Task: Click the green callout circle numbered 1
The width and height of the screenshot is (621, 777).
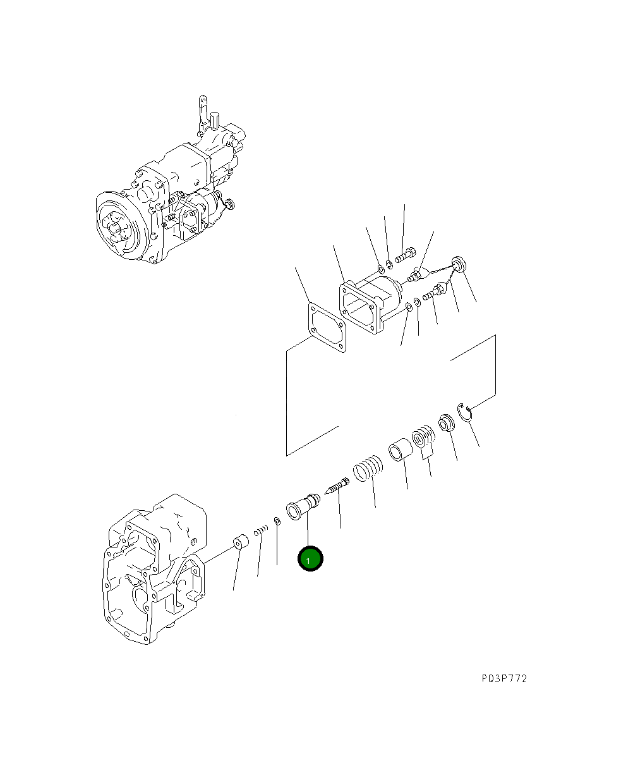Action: [310, 559]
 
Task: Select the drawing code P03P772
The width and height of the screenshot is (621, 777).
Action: [503, 679]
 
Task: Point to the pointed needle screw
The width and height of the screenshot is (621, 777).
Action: [337, 486]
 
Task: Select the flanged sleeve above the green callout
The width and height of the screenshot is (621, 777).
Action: [303, 506]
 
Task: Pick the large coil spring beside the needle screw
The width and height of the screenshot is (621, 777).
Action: [368, 469]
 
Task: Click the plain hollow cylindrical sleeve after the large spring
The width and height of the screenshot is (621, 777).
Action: [399, 451]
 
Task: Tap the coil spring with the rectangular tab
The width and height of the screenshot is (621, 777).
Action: [423, 439]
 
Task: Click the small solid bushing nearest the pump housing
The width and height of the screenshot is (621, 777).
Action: [239, 544]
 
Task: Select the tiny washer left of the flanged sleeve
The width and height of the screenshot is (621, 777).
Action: [277, 521]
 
